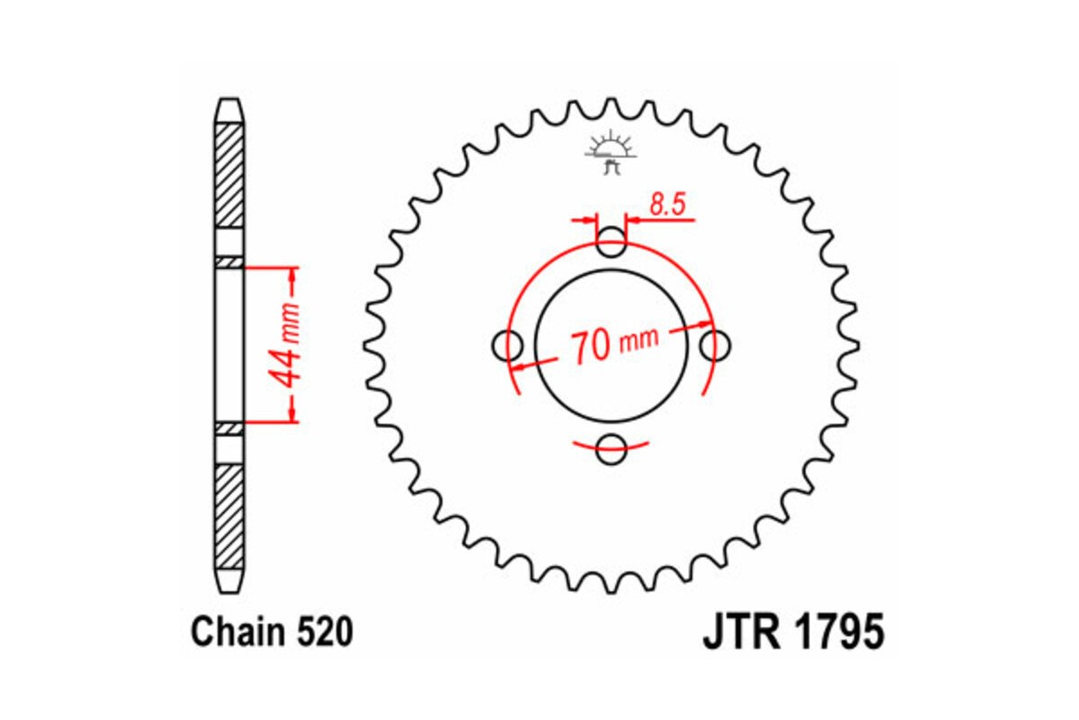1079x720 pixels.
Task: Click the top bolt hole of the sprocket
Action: click(x=612, y=241)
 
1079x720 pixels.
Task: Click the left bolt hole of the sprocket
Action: click(x=509, y=344)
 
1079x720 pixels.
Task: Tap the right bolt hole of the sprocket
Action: click(x=716, y=344)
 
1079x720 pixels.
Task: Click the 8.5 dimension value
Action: click(x=667, y=205)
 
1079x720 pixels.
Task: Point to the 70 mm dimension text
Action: click(x=613, y=344)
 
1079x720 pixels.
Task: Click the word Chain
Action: click(x=238, y=633)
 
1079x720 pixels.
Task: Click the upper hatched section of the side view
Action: click(x=229, y=175)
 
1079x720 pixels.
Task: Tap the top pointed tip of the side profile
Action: click(x=229, y=100)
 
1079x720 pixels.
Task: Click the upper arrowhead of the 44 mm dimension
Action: click(x=291, y=274)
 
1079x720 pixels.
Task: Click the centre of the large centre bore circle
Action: click(x=612, y=344)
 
